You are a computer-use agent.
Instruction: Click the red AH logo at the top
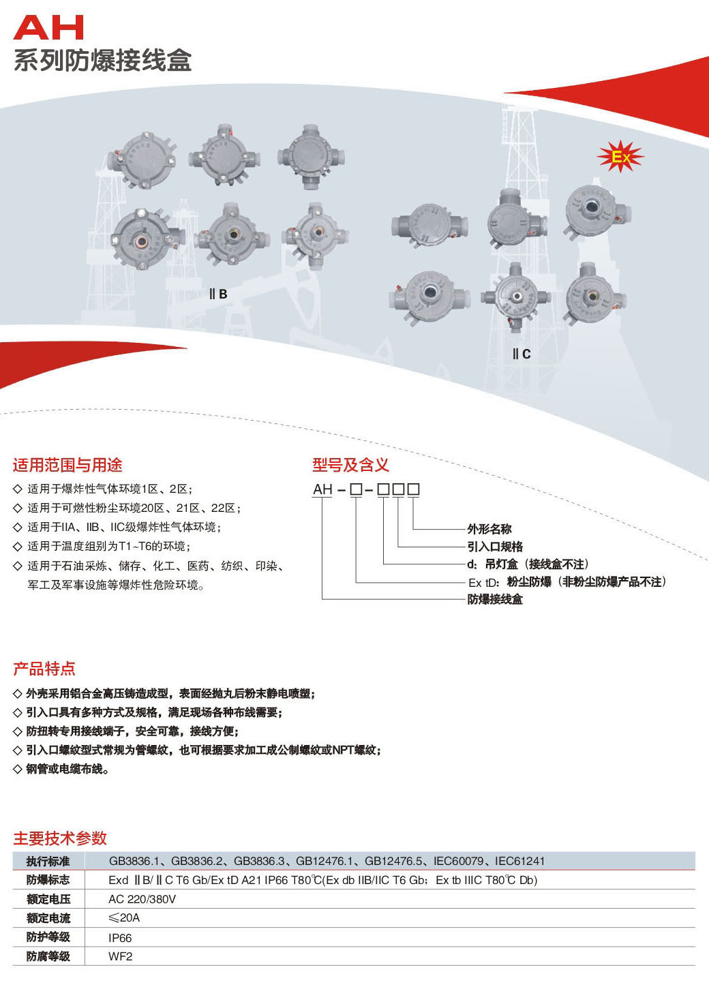tap(48, 28)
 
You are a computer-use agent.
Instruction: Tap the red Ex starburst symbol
tap(620, 157)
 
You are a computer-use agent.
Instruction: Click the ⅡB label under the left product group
tap(218, 294)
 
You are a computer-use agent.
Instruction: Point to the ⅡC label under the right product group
tap(522, 354)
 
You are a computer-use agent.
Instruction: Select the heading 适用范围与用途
tap(67, 465)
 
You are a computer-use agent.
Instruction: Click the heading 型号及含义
tap(350, 465)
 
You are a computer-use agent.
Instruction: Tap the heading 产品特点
tap(44, 669)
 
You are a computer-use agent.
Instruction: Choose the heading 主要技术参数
tap(60, 838)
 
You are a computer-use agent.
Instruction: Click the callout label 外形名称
tap(489, 529)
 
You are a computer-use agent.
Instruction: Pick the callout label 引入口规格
tap(495, 547)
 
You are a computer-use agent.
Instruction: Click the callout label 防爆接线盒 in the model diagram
tap(495, 599)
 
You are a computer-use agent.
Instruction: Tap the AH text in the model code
tap(322, 489)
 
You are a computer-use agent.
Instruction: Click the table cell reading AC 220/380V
tap(142, 899)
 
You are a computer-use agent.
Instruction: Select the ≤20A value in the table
tap(124, 917)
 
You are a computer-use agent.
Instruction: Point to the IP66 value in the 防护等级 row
tap(120, 938)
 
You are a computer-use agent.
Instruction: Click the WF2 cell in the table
tap(121, 956)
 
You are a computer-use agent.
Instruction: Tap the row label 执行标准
tap(48, 861)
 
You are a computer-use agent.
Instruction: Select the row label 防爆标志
tap(48, 880)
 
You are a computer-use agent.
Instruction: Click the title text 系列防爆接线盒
tap(103, 61)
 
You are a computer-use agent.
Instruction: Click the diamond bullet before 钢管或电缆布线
tap(18, 769)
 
